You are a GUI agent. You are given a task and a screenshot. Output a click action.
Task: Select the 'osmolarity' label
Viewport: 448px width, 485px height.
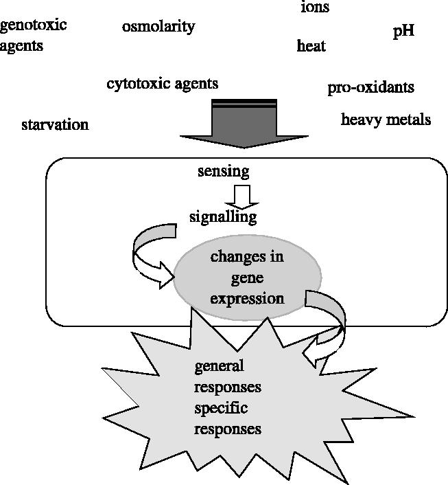[158, 27]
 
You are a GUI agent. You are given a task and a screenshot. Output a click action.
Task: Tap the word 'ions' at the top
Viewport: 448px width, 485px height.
[315, 8]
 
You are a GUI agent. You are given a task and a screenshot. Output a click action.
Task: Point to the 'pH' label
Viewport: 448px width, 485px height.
[403, 32]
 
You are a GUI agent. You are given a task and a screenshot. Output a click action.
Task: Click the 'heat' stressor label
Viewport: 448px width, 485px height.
[311, 46]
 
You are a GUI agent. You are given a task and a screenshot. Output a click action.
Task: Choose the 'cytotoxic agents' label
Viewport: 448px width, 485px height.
[162, 84]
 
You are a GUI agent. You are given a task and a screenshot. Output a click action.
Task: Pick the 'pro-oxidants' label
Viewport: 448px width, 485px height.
[370, 87]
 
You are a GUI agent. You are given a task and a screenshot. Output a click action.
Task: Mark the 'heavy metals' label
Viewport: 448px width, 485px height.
[386, 120]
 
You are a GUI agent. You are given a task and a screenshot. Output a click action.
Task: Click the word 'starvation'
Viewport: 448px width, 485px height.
[55, 125]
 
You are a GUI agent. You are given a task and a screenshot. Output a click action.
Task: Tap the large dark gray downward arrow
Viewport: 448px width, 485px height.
[244, 124]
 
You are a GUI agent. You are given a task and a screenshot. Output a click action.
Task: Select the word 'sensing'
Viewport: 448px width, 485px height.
[223, 170]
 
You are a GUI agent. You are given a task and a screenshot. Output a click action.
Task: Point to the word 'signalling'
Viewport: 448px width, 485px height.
[223, 217]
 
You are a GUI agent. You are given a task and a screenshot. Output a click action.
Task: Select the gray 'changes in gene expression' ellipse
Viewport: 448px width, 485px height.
[247, 278]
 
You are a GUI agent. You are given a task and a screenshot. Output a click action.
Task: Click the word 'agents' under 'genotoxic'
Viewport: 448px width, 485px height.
[21, 46]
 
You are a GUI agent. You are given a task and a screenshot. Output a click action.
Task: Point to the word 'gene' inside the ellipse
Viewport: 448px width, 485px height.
[247, 278]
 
